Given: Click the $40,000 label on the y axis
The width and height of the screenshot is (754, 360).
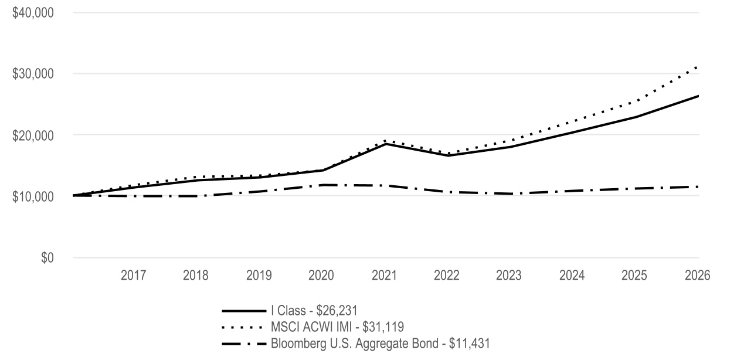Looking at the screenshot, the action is pos(33,13).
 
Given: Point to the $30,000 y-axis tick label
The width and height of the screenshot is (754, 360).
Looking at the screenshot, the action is pos(33,74).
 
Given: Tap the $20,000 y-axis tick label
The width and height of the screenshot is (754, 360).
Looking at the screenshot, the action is pos(33,135).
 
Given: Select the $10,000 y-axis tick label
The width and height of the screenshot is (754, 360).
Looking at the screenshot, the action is pos(33,196).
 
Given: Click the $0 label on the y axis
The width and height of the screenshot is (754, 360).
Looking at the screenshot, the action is pos(47,258).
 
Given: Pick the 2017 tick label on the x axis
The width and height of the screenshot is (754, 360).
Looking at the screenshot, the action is pos(133,276).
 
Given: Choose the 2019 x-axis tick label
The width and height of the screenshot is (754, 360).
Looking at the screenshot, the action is pos(259,276).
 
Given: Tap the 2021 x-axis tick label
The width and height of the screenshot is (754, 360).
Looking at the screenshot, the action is pos(384,276).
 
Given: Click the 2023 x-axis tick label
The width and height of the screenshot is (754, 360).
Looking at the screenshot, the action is pos(508,276).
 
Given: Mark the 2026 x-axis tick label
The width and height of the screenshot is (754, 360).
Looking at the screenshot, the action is pos(698,276).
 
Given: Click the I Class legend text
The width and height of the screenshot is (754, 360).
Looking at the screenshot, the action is pos(314,311).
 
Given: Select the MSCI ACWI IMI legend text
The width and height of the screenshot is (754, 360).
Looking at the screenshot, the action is pos(337,327).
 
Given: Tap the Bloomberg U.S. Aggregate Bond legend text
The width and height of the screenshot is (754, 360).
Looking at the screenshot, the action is pos(381,344).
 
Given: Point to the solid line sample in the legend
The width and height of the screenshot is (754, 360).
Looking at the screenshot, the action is pos(244,311).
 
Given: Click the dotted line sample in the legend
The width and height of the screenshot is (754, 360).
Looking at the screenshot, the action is pos(242,327).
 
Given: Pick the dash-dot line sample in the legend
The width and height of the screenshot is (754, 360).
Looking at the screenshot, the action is pos(244,344).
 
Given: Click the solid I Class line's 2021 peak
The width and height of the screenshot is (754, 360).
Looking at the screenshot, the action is pos(385,144).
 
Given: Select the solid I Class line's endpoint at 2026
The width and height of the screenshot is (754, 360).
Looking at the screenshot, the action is pos(698,96).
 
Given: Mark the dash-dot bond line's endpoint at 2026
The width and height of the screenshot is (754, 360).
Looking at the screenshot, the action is pos(698,186).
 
